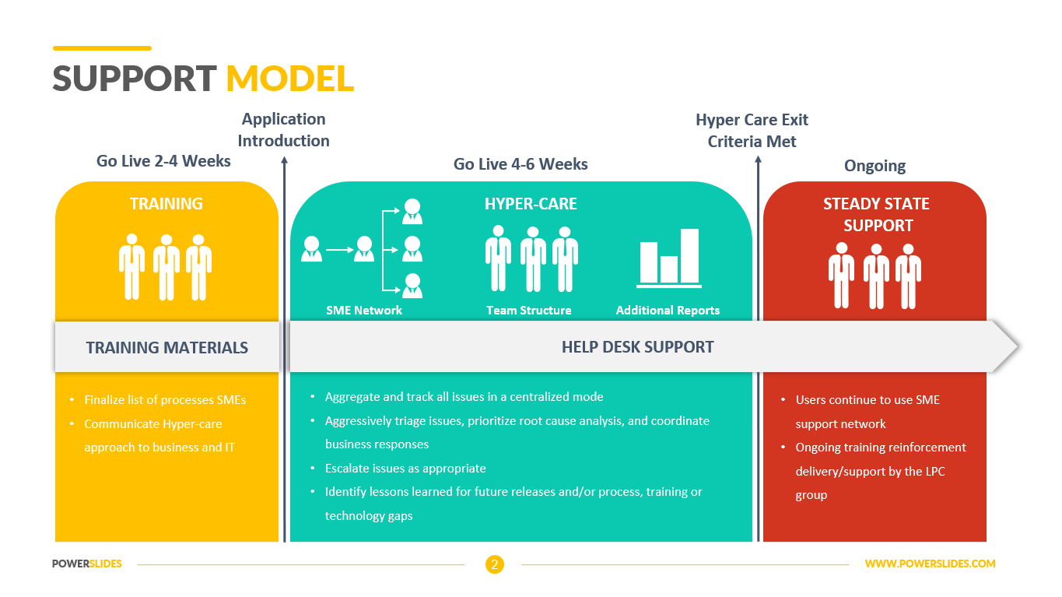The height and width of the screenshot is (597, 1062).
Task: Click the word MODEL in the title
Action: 289,79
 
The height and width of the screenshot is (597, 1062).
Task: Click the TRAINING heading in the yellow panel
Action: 166,204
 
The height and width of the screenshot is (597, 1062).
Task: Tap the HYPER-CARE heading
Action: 531,204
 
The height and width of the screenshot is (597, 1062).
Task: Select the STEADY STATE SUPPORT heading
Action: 876,214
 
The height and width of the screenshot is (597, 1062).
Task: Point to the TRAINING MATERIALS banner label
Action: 167,347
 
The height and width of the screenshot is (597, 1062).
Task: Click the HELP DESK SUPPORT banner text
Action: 637,347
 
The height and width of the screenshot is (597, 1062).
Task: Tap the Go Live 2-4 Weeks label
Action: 163,161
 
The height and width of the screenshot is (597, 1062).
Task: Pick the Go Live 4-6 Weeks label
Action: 520,164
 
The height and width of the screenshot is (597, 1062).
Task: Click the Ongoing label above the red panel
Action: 874,166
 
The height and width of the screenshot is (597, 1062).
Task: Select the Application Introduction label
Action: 283,130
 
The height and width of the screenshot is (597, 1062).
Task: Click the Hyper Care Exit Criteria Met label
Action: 752,131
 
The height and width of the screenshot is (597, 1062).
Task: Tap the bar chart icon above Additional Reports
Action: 669,258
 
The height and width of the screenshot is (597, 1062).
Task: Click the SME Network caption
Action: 364,310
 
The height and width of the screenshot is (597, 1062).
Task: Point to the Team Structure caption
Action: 529,310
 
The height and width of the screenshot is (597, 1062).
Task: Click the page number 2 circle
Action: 494,564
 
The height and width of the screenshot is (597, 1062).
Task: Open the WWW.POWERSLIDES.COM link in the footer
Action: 930,564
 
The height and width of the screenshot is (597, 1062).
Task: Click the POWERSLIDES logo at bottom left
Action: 87,564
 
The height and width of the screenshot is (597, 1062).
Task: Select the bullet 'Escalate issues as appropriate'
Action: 405,469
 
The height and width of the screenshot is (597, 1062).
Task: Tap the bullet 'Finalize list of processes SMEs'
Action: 165,400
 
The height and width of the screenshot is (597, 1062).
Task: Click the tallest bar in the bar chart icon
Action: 689,255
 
